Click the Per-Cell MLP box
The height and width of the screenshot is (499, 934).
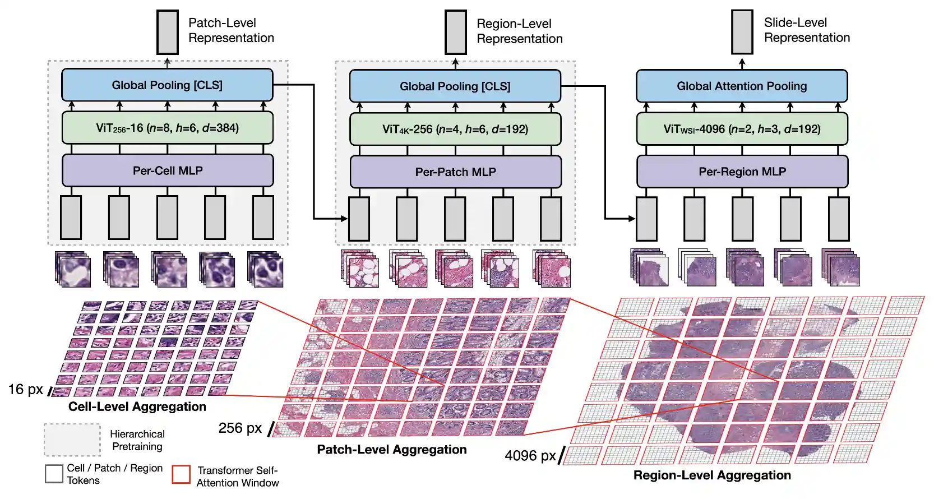[x=168, y=170]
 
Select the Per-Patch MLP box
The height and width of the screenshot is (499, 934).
[x=455, y=172]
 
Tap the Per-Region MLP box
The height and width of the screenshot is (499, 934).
[x=742, y=172]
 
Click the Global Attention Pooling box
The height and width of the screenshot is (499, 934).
[x=741, y=86]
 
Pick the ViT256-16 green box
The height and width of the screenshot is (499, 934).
[x=167, y=128]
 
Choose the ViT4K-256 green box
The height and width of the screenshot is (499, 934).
[x=455, y=129]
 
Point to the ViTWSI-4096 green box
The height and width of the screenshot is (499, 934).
[x=741, y=129]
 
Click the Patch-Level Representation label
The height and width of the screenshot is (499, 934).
[x=230, y=30]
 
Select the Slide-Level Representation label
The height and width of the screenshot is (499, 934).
[x=806, y=30]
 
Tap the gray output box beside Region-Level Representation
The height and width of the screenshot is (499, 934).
[x=455, y=32]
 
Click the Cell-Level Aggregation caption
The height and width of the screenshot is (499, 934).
[x=137, y=406]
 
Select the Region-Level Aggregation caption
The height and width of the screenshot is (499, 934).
[x=711, y=475]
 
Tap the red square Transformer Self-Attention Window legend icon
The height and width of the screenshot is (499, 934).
[x=181, y=474]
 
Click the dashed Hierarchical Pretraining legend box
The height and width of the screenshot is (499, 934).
[x=72, y=440]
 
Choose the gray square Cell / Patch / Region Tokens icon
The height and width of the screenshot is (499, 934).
[x=54, y=473]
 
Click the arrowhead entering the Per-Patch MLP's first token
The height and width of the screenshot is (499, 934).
[x=344, y=218]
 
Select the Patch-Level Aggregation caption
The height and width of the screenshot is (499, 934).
[x=391, y=450]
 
